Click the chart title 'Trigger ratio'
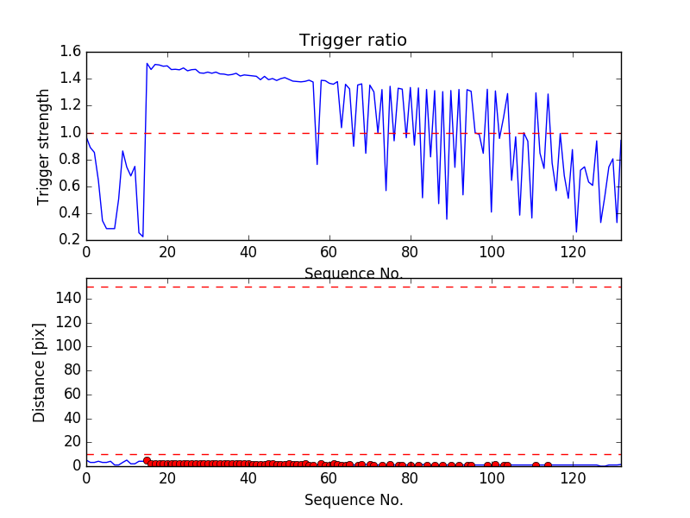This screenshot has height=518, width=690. click(x=353, y=40)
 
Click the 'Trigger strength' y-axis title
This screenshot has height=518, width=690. click(x=44, y=146)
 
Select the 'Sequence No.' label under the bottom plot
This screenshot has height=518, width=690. click(x=354, y=500)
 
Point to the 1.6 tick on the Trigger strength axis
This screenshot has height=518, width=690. click(x=71, y=52)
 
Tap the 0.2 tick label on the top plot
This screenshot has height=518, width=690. click(x=71, y=240)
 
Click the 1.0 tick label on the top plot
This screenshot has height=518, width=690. click(x=71, y=133)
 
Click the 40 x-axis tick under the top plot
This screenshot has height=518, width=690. click(x=248, y=252)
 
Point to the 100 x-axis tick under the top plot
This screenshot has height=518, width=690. click(x=492, y=252)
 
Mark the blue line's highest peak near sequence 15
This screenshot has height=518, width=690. click(x=147, y=63)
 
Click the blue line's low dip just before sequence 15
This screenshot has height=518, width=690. click(x=142, y=236)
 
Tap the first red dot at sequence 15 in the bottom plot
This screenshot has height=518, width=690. click(x=147, y=460)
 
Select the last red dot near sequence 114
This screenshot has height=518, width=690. click(x=548, y=464)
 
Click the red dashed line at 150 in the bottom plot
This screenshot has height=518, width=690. click(x=354, y=287)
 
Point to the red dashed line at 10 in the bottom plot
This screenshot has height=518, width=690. click(x=354, y=454)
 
